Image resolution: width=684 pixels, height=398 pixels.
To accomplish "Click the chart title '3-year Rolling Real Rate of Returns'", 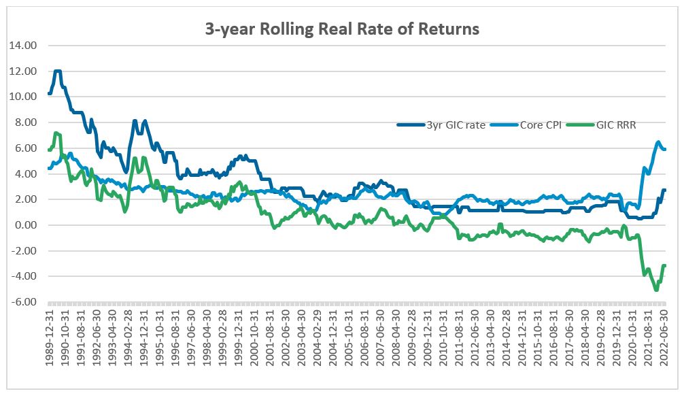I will [342, 29].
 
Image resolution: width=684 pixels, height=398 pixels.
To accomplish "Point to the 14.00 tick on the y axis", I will [23, 46].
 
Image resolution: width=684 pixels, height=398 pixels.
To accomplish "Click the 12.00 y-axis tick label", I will [23, 71].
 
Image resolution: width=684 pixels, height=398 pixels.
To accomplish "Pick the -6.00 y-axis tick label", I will [24, 301].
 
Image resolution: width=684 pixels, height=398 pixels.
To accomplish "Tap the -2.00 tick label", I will [24, 250].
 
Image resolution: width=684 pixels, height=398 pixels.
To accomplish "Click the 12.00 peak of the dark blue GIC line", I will [58, 71].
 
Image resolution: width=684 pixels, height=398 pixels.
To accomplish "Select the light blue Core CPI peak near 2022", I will [657, 142].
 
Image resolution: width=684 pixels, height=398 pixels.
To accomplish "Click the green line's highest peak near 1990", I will [56, 133].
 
